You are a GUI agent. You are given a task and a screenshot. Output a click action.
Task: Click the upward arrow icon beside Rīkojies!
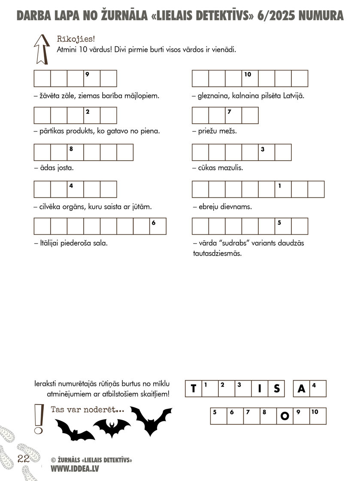pos(42,49)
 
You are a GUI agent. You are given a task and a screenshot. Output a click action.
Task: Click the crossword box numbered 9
pos(92,79)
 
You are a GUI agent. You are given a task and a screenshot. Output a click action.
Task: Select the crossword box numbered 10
pos(250,79)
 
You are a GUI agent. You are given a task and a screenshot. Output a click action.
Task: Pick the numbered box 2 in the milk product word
pos(92,116)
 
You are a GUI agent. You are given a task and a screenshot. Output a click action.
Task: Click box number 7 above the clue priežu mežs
pos(233,116)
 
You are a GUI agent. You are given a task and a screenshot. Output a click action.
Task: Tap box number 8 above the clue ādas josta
pos(75,152)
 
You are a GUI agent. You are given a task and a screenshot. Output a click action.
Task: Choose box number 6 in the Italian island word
pos(157,226)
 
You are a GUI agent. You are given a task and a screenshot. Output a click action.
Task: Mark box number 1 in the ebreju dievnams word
pos(283,189)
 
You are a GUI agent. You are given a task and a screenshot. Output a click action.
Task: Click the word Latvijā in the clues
pos(293,96)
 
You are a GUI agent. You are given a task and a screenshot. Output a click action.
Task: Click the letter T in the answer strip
pos(193,389)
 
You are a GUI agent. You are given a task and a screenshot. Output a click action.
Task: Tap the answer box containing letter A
pos(302,389)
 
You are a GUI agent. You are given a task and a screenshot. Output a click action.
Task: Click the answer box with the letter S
pos(276,389)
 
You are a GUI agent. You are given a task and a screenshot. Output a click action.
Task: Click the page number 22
pos(23,458)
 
